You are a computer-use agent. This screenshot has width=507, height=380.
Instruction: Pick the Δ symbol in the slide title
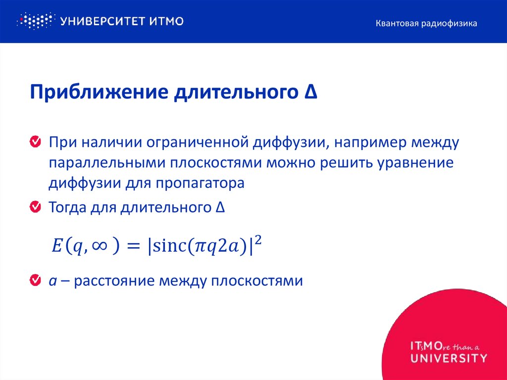310,92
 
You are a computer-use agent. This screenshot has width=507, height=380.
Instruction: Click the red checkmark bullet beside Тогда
35,207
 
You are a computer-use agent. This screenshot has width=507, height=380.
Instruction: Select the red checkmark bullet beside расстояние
35,281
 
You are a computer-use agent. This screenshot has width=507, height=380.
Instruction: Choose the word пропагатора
201,183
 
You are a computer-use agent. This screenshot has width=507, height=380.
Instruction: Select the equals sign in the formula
134,246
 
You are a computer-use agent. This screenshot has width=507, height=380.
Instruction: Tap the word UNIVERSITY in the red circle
449,357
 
